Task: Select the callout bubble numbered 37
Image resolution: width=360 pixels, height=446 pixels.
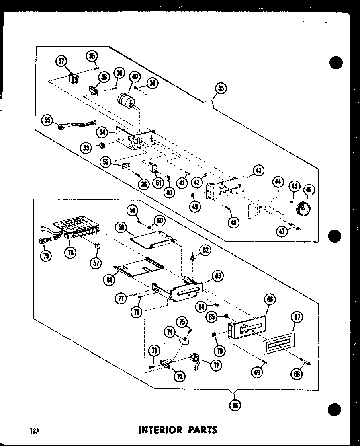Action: (x=61, y=62)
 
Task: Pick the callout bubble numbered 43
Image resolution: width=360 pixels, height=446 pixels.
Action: (x=258, y=171)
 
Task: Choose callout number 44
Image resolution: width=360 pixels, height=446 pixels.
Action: (x=278, y=182)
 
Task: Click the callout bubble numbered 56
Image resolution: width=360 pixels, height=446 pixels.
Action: (x=235, y=405)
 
